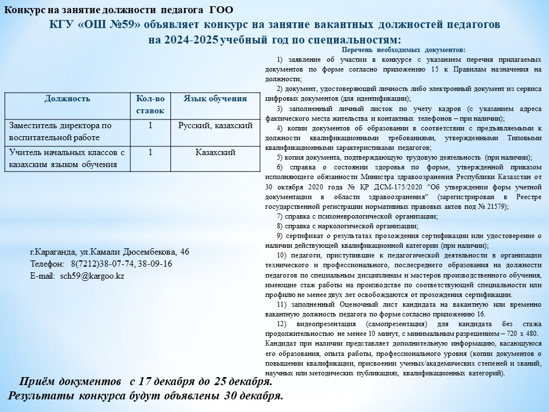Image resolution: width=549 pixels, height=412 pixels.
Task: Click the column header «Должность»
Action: [67, 98]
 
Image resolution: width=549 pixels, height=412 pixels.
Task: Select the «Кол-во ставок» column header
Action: [150, 105]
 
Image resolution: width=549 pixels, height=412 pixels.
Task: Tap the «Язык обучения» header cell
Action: [215, 98]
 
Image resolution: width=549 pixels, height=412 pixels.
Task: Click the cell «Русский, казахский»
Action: [215, 125]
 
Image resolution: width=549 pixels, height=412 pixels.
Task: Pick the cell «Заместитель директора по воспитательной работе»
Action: [59, 131]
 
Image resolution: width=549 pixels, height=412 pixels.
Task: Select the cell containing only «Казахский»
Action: [215, 152]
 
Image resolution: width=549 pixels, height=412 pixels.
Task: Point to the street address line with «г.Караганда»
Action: [109, 252]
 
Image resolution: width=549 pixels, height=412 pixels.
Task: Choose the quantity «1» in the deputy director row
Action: [150, 125]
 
